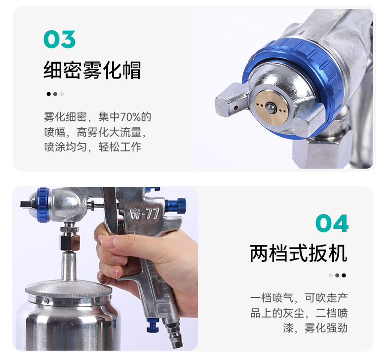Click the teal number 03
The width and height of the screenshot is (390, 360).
point(59,39)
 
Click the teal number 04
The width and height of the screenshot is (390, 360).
point(332,223)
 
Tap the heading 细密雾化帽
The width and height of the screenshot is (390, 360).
point(92,70)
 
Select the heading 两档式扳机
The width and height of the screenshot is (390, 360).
point(298,253)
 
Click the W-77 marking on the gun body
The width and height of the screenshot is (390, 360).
point(144,213)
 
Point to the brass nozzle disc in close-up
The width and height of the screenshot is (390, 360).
point(272,108)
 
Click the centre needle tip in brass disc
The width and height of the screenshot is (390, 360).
point(270,108)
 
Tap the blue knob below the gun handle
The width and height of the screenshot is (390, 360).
point(153,325)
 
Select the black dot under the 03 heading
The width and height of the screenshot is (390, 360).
point(49,94)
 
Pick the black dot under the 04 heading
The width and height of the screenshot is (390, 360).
point(344,275)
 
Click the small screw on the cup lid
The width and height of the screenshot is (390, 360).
point(46,301)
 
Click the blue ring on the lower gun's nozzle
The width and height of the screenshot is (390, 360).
point(43,205)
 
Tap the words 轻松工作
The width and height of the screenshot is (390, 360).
point(120,147)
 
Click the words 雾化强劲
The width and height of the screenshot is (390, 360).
point(326,328)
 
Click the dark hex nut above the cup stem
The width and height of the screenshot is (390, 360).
point(70,243)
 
